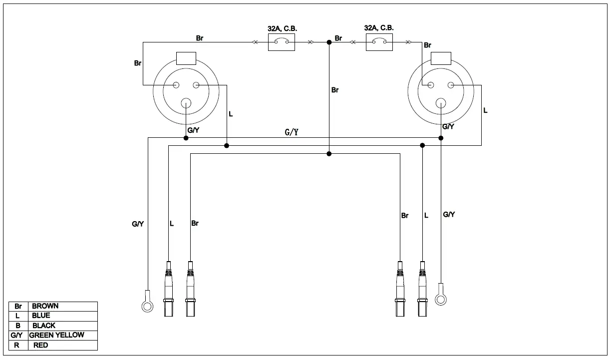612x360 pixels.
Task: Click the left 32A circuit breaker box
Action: [282, 43]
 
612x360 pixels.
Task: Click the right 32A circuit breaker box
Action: [379, 43]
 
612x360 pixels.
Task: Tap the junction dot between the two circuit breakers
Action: [329, 43]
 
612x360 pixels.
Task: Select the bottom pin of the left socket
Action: [186, 103]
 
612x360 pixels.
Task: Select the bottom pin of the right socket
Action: [441, 103]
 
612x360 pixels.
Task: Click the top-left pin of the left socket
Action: [176, 85]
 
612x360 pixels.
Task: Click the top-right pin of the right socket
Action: [451, 85]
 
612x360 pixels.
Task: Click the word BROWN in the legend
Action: [45, 306]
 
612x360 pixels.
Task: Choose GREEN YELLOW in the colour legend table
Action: [57, 335]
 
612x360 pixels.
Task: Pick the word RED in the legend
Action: [40, 345]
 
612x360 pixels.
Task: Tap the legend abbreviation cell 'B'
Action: [18, 326]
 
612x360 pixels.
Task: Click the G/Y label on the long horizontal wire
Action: [292, 132]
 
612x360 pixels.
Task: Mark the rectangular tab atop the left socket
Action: [186, 58]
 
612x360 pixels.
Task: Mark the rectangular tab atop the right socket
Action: [441, 58]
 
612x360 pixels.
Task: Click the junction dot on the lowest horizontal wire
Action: [329, 154]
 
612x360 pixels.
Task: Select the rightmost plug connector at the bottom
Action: [423, 290]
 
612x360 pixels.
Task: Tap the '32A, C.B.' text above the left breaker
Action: [282, 28]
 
